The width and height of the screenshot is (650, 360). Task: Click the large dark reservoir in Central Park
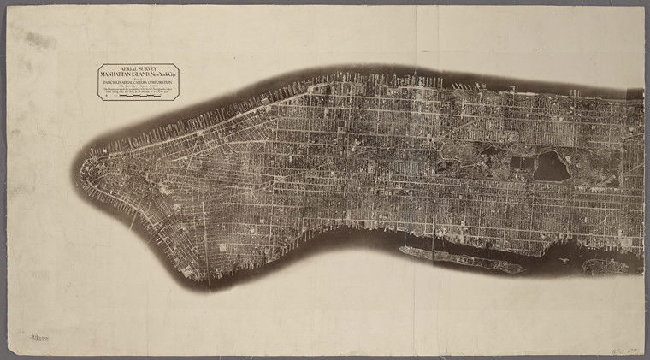552,167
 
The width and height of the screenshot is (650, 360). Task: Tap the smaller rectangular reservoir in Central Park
520,162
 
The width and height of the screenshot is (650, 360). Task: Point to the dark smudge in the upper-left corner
38,39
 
